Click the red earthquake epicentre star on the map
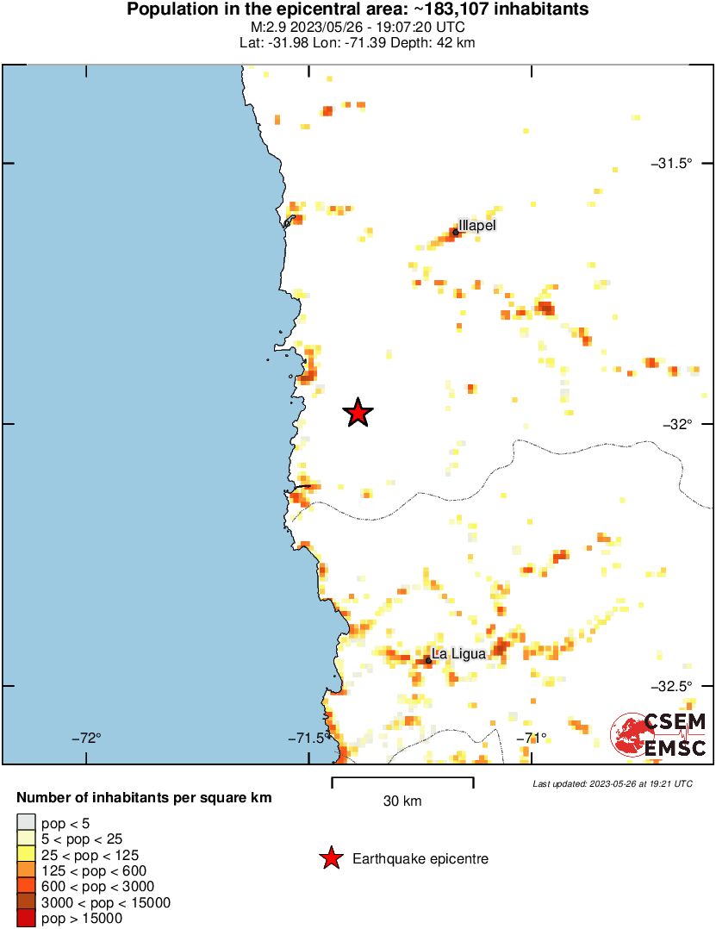point(358,414)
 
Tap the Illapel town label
point(478,225)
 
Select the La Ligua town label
point(458,654)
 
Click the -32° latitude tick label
point(677,424)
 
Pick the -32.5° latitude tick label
point(670,686)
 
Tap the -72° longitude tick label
point(86,738)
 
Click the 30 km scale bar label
point(402,801)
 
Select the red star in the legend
point(330,858)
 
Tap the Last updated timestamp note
point(613,783)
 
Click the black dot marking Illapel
point(456,232)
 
